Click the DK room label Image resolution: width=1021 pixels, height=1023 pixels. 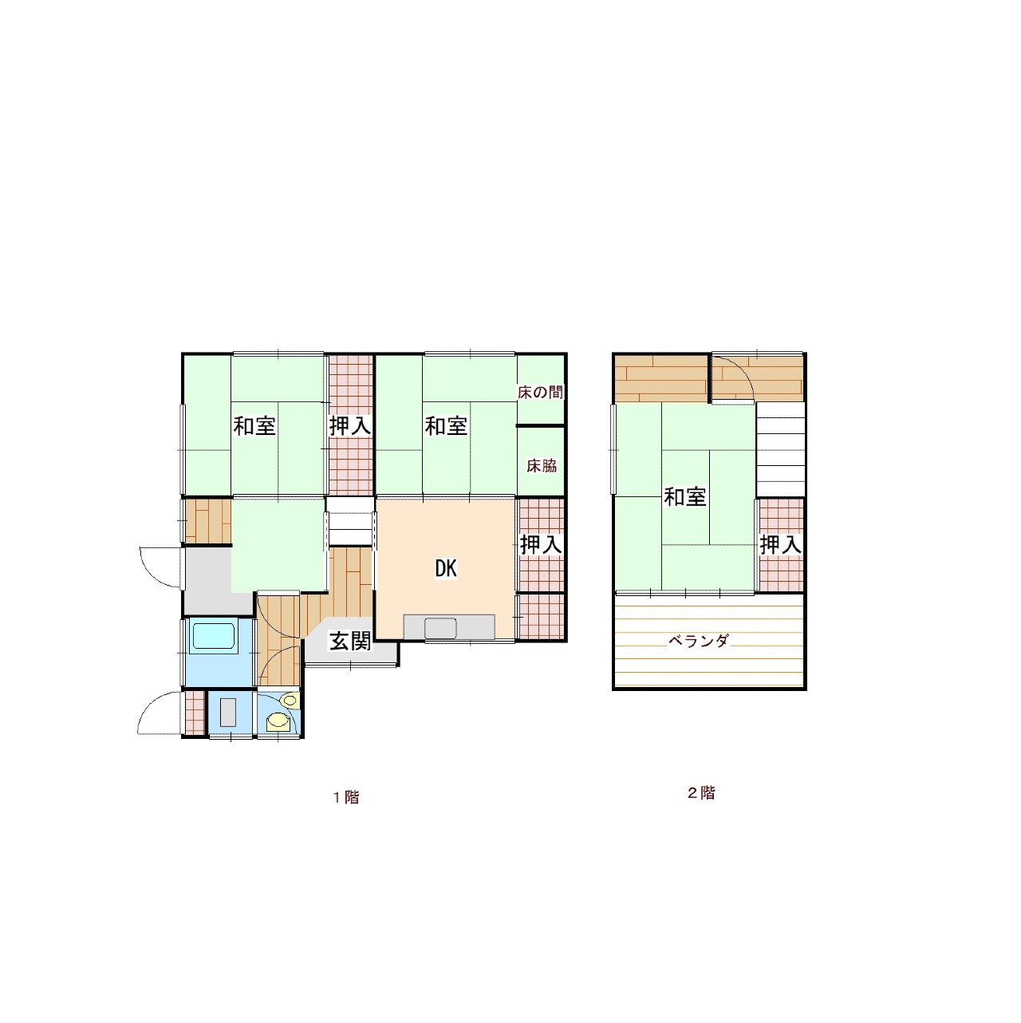446,569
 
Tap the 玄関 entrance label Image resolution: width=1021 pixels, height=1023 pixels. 349,642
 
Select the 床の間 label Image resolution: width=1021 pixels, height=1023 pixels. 540,393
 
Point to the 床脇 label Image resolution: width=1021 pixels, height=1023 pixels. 542,465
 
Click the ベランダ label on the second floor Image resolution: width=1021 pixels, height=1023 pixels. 699,641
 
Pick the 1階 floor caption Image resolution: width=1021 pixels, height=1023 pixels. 346,797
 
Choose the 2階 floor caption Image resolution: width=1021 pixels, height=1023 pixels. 702,793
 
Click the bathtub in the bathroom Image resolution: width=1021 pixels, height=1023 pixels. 213,636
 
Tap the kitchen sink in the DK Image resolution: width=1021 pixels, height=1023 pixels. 440,629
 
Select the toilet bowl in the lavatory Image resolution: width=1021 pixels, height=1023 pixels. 278,722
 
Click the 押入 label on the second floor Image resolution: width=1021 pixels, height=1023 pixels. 780,545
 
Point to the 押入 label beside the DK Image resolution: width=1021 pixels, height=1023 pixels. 540,545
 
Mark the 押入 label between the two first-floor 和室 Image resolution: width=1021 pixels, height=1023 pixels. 349,426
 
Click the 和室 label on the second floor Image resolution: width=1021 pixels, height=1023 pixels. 685,497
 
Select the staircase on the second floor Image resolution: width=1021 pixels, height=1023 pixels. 780,449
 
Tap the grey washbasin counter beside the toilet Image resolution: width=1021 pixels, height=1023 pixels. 228,713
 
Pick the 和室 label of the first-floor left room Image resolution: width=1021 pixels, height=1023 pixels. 254,426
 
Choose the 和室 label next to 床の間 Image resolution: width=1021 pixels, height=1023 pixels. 446,426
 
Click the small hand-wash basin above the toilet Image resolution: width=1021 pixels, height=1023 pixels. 290,701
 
